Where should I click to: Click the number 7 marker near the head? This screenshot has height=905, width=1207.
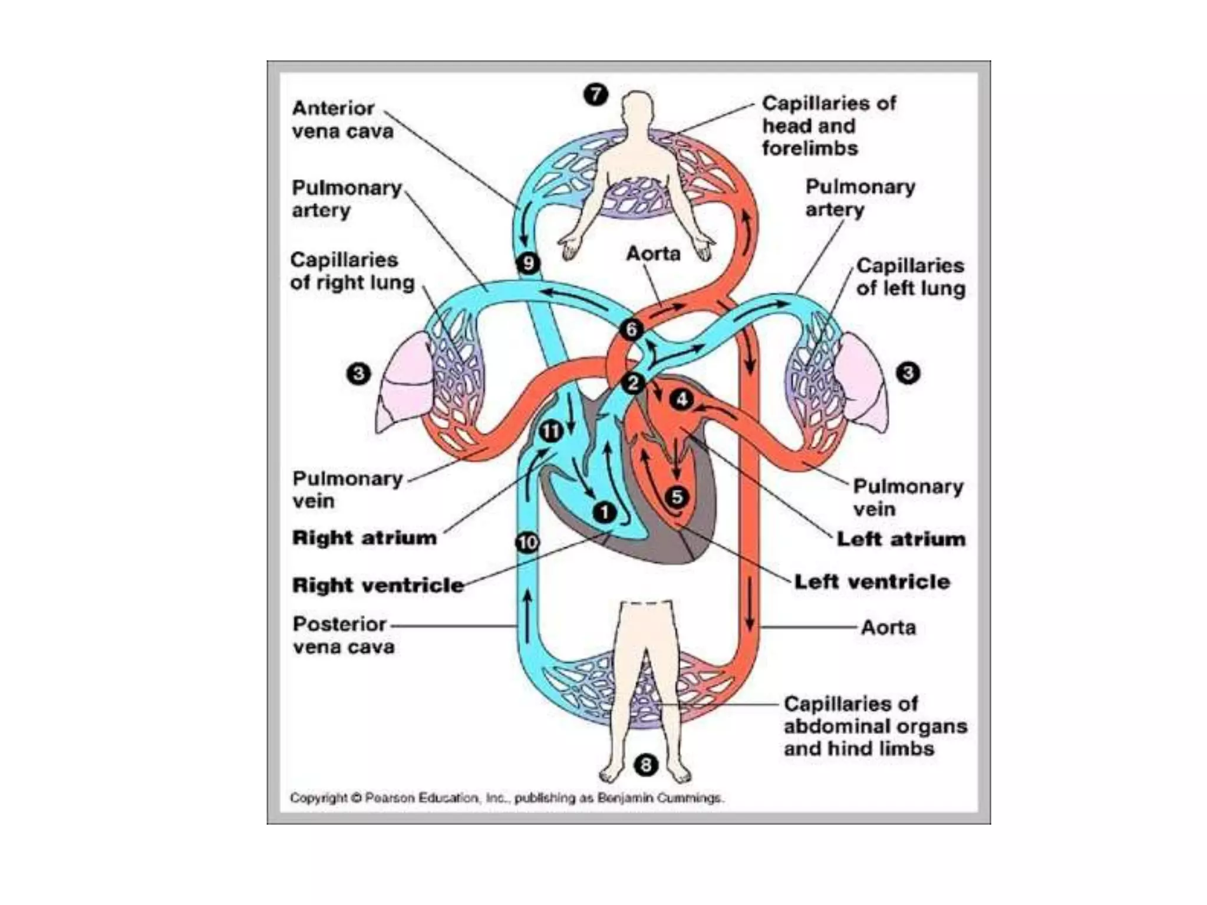(x=595, y=94)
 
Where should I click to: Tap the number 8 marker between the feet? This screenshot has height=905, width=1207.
(x=645, y=765)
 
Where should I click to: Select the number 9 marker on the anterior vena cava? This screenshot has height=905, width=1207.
(x=527, y=263)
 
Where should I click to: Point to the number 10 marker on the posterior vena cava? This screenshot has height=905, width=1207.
(x=527, y=542)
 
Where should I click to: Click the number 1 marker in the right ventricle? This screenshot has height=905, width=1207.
(x=604, y=512)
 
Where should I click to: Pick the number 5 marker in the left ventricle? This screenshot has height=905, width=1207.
(x=677, y=497)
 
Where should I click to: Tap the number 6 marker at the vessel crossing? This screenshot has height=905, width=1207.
(x=631, y=329)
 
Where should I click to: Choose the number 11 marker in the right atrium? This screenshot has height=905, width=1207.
(x=551, y=432)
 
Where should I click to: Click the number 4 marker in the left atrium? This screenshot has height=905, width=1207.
(x=681, y=399)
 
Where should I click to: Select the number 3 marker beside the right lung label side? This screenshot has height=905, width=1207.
(x=358, y=374)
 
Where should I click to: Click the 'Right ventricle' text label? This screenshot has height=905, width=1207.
(x=378, y=585)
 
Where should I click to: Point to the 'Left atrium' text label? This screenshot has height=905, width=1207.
(x=901, y=539)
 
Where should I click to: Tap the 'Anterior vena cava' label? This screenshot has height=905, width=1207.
(x=342, y=120)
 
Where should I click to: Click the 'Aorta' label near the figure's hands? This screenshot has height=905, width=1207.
(x=653, y=253)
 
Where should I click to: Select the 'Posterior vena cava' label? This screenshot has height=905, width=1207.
(x=343, y=635)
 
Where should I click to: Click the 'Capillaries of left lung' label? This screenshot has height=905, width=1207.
(x=910, y=277)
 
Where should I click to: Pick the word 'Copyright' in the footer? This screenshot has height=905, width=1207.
(x=318, y=798)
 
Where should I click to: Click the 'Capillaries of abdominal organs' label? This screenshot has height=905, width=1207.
(x=875, y=726)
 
